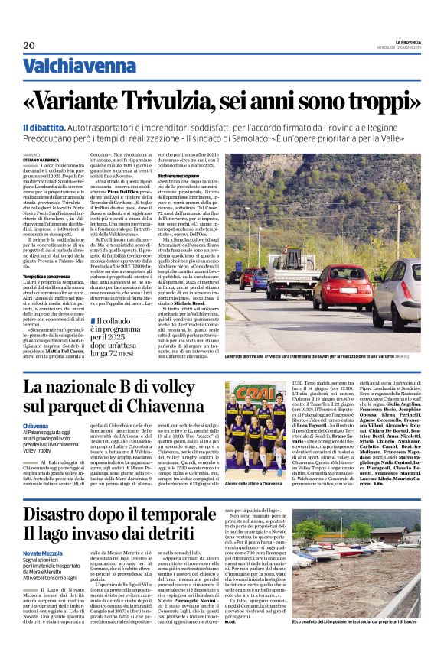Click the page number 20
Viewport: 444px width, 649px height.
(x=29, y=45)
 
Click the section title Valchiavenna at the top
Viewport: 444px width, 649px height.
(x=73, y=67)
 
